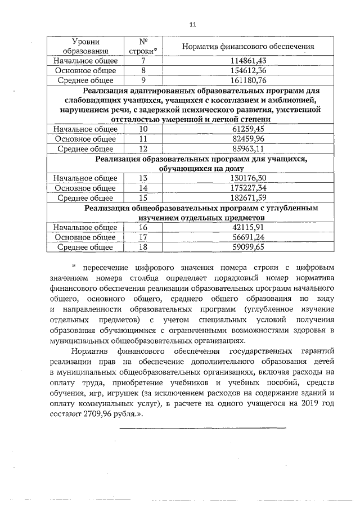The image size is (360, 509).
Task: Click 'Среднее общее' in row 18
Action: (85, 247)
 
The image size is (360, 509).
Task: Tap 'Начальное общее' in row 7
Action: (85, 61)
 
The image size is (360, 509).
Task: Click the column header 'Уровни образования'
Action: (85, 47)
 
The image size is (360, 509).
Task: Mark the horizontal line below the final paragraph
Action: (203, 429)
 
